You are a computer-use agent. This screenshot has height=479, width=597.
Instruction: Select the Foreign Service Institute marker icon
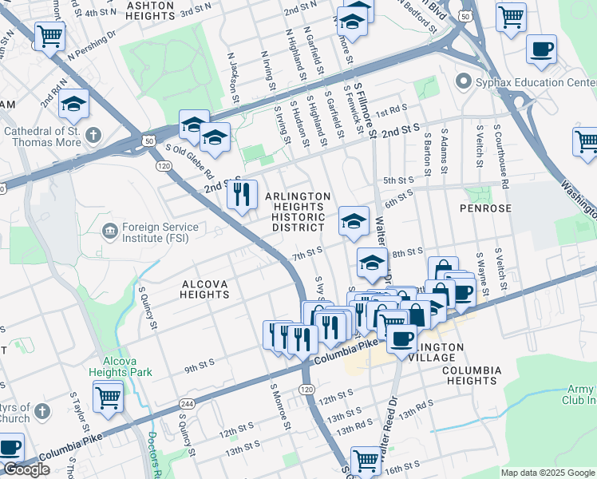[x=109, y=232]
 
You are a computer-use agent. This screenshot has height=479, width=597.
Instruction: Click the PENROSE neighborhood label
[x=485, y=208]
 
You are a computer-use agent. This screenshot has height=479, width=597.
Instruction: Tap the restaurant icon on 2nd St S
[x=242, y=193]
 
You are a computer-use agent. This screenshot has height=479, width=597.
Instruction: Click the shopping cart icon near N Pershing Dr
[x=49, y=34]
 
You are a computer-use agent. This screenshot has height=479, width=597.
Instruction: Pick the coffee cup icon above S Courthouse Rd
[x=541, y=49]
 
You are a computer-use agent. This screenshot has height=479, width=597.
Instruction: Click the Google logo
[x=26, y=469]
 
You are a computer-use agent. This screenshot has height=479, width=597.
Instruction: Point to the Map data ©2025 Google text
[x=548, y=473]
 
